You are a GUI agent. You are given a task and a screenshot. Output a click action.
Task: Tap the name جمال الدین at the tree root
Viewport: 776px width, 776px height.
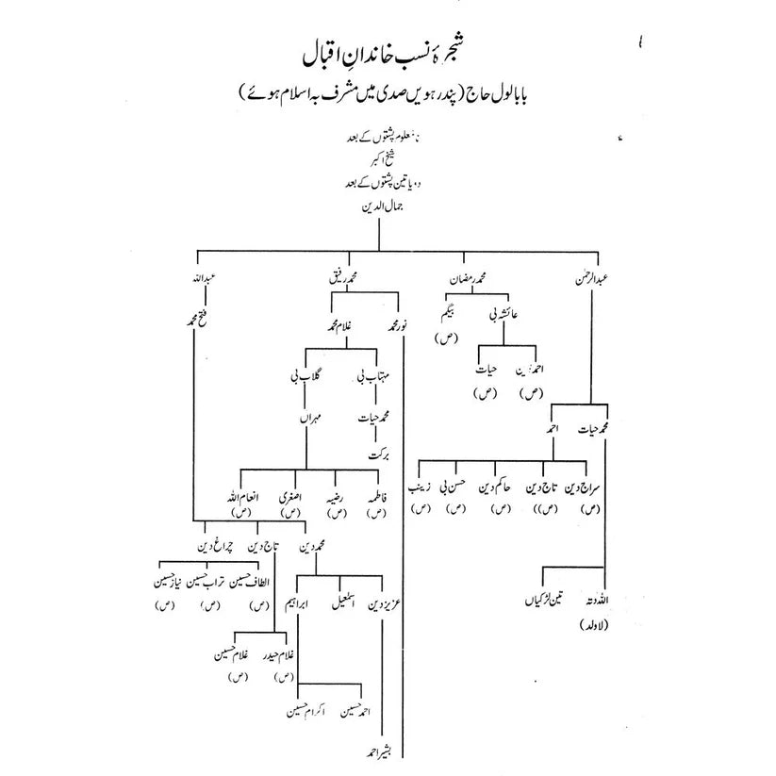(x=380, y=215)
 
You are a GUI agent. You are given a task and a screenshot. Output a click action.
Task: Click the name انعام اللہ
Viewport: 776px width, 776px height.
(x=235, y=496)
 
